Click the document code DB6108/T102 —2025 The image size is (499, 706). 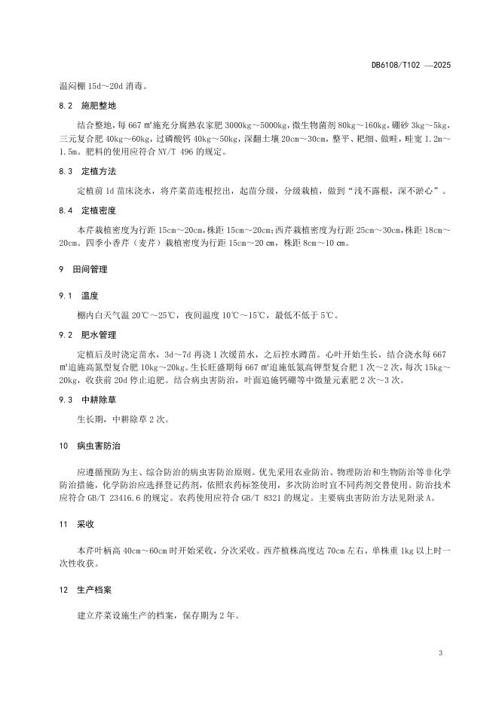point(410,66)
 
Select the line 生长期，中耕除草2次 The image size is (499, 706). point(123,419)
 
